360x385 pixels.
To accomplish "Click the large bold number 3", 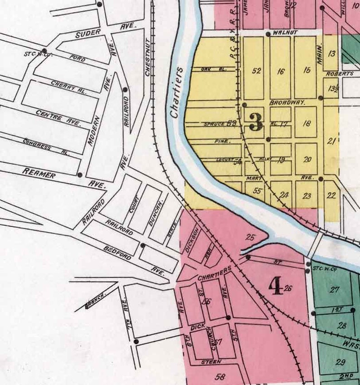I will [x=256, y=121].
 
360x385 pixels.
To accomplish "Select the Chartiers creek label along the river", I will [x=178, y=93].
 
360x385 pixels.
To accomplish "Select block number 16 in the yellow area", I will [x=281, y=71].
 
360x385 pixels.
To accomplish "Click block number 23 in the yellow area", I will [x=307, y=196].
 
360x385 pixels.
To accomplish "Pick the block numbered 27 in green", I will [x=335, y=289].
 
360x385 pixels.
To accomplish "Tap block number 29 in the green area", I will [x=340, y=362].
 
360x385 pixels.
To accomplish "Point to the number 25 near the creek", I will [x=250, y=236].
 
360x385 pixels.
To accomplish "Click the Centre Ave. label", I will [x=58, y=117].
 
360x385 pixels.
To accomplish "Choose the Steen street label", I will [x=212, y=361].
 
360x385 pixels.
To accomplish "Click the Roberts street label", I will [x=339, y=73].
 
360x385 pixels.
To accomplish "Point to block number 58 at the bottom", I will [x=221, y=376].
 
